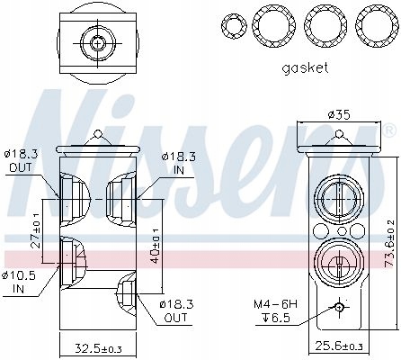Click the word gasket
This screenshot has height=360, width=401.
[305, 68]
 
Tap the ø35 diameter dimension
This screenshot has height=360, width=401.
[339, 114]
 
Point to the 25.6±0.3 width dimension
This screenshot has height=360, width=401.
[339, 346]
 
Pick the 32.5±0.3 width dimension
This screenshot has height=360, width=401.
[98, 348]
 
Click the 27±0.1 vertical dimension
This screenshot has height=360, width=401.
[35, 230]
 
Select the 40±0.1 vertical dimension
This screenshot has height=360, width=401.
[155, 246]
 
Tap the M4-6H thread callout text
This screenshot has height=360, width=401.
[276, 304]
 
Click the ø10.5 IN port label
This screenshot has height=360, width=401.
[19, 282]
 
